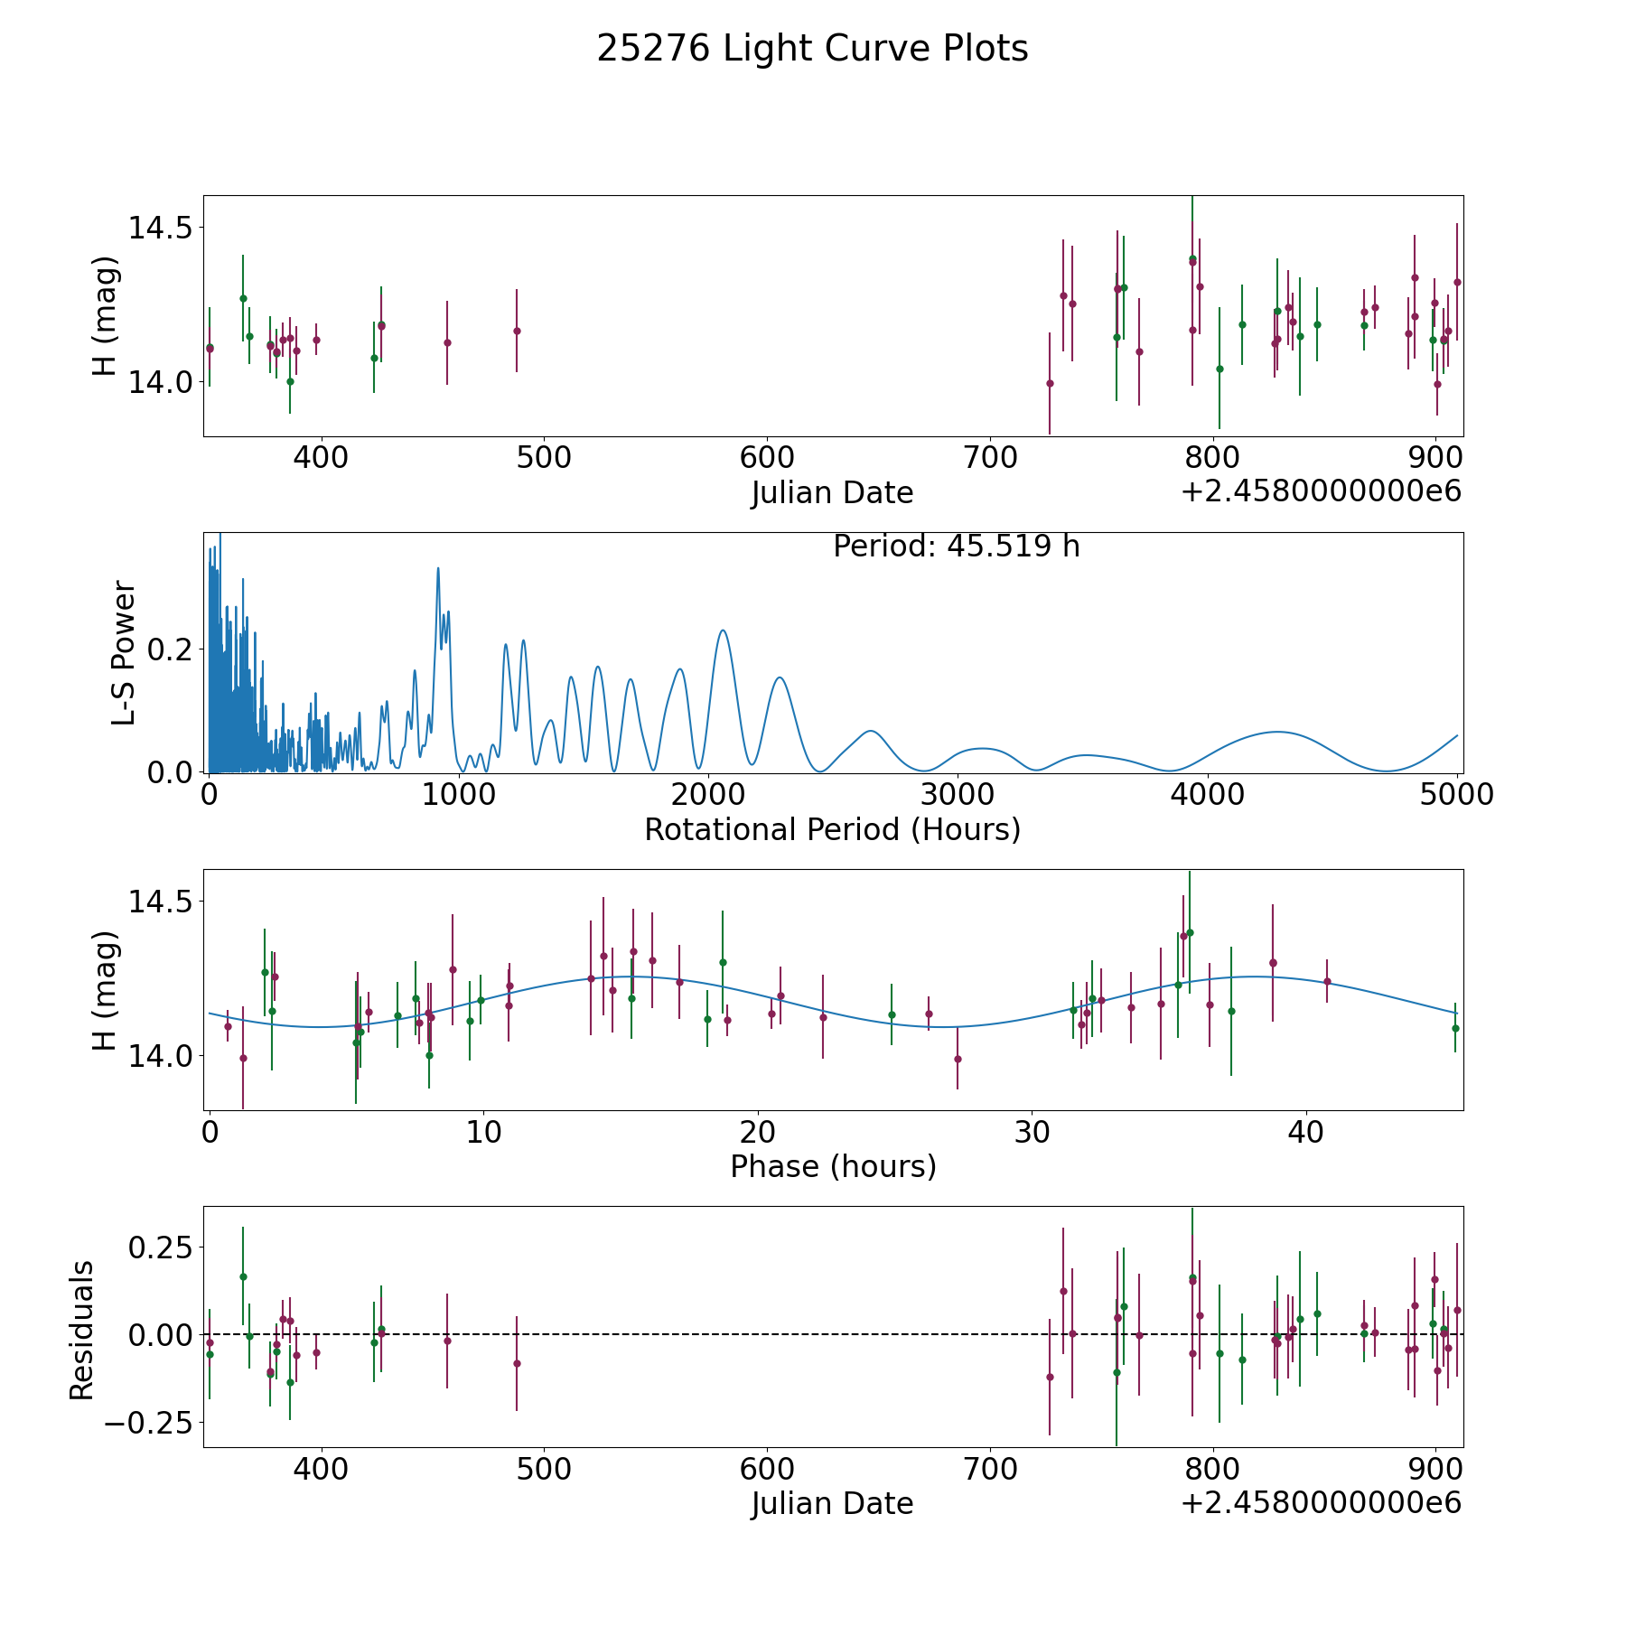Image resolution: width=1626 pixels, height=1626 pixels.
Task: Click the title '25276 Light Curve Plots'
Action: (x=812, y=49)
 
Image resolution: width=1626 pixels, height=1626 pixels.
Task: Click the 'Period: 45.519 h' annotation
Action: (x=956, y=547)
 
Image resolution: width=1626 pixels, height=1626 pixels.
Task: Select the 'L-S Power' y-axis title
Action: (x=124, y=652)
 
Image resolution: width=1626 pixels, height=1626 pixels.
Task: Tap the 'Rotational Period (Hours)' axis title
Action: (x=832, y=829)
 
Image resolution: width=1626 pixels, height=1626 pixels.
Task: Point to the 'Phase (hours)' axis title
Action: (x=833, y=1166)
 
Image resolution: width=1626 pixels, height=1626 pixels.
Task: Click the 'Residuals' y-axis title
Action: (x=82, y=1331)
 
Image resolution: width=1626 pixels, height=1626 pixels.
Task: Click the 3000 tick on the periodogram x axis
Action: (x=958, y=795)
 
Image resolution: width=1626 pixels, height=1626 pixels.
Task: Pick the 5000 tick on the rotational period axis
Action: (x=1457, y=795)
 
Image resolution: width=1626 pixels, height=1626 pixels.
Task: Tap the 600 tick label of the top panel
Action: (x=766, y=458)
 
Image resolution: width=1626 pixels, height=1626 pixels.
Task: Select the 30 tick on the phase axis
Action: (x=1032, y=1132)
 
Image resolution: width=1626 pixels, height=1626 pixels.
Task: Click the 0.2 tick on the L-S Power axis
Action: (x=171, y=649)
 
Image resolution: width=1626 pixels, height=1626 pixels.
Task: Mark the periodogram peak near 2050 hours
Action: (x=723, y=631)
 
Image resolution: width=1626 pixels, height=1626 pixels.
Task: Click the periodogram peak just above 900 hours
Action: (x=438, y=569)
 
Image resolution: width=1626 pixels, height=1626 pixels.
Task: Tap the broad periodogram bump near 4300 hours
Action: (x=1276, y=732)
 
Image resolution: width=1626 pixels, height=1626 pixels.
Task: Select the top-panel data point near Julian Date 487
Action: (x=517, y=331)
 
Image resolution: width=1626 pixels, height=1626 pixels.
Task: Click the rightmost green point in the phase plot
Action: (x=1455, y=1028)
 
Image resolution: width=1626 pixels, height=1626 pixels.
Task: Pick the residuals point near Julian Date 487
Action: (x=517, y=1363)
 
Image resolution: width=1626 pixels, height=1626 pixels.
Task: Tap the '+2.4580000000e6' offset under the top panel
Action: (x=1321, y=492)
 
